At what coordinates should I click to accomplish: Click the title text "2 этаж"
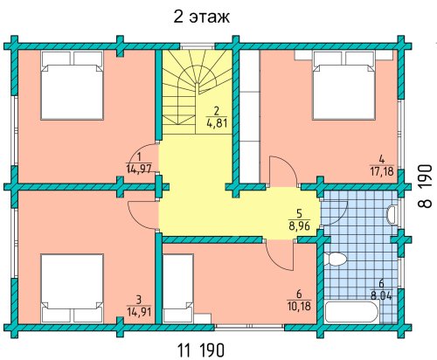point(201,17)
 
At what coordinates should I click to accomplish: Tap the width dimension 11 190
point(201,350)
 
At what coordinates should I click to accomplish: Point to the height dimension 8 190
point(425,186)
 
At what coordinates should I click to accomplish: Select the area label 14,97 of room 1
point(139,169)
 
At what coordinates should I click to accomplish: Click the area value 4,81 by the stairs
point(217,122)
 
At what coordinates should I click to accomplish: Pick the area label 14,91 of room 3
point(139,312)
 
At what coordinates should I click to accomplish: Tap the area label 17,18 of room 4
point(382,171)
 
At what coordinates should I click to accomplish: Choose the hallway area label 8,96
point(299,225)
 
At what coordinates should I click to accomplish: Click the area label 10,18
point(299,306)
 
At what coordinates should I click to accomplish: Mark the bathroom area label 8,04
point(381,295)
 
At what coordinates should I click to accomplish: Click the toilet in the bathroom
point(335,259)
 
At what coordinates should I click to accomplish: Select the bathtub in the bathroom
point(352,312)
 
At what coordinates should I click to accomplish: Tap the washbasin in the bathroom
point(392,215)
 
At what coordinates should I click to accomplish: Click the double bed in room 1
point(72,85)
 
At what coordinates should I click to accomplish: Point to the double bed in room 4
point(343,85)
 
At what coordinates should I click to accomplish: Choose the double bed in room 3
point(72,288)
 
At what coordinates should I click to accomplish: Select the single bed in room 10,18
point(178,288)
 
